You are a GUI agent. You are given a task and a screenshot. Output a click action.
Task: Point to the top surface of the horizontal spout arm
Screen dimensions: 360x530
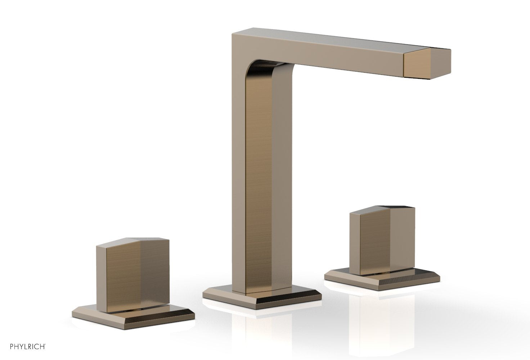point(335,41)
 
